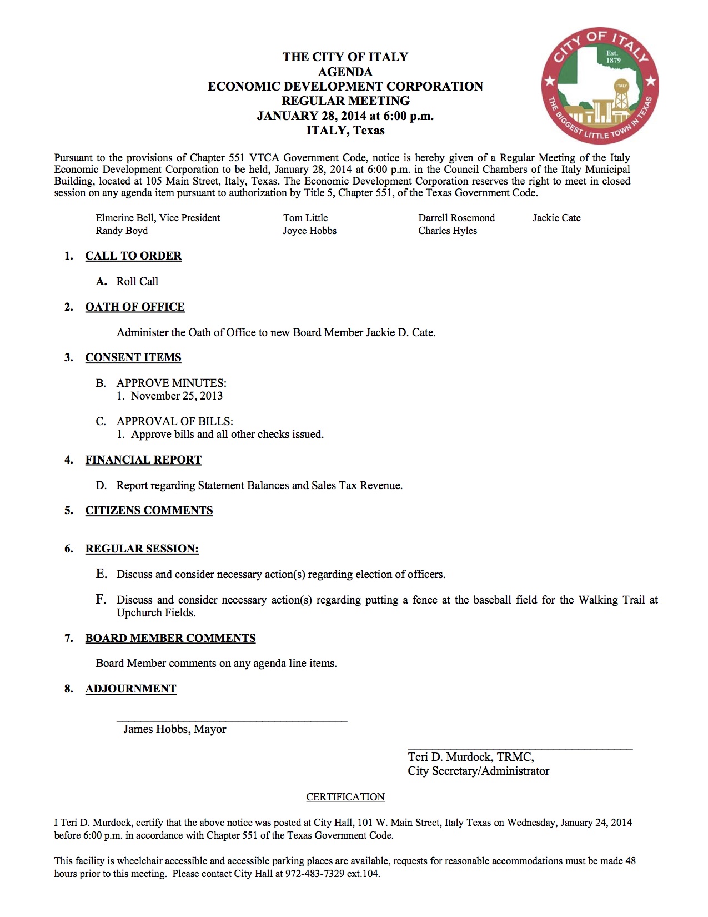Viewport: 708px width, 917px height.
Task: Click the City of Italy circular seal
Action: (x=600, y=86)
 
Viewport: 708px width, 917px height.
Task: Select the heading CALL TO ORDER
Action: (x=133, y=256)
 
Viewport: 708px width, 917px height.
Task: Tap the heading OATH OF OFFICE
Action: (x=135, y=307)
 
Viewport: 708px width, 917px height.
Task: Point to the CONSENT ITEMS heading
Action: (x=133, y=357)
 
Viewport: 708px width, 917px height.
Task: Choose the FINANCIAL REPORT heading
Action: (x=143, y=460)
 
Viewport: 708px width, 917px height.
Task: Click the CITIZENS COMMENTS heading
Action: (x=149, y=510)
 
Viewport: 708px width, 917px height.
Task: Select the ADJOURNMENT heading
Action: (x=130, y=689)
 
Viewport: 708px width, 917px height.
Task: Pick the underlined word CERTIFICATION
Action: (x=345, y=796)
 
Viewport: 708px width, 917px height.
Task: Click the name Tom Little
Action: (x=305, y=218)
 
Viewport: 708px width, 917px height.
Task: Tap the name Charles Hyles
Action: (x=448, y=231)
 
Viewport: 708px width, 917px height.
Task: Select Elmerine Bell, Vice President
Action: (x=158, y=218)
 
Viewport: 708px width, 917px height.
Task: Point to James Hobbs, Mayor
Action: (x=174, y=729)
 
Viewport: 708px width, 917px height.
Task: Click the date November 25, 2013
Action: (x=177, y=396)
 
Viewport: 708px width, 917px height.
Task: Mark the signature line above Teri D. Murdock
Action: (x=520, y=749)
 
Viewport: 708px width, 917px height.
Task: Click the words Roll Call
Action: (x=137, y=281)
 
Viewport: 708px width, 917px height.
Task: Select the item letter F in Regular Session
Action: (x=101, y=599)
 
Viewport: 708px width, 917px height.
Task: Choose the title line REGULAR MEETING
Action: (x=345, y=101)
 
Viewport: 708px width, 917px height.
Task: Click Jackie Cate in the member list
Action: (x=556, y=218)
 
